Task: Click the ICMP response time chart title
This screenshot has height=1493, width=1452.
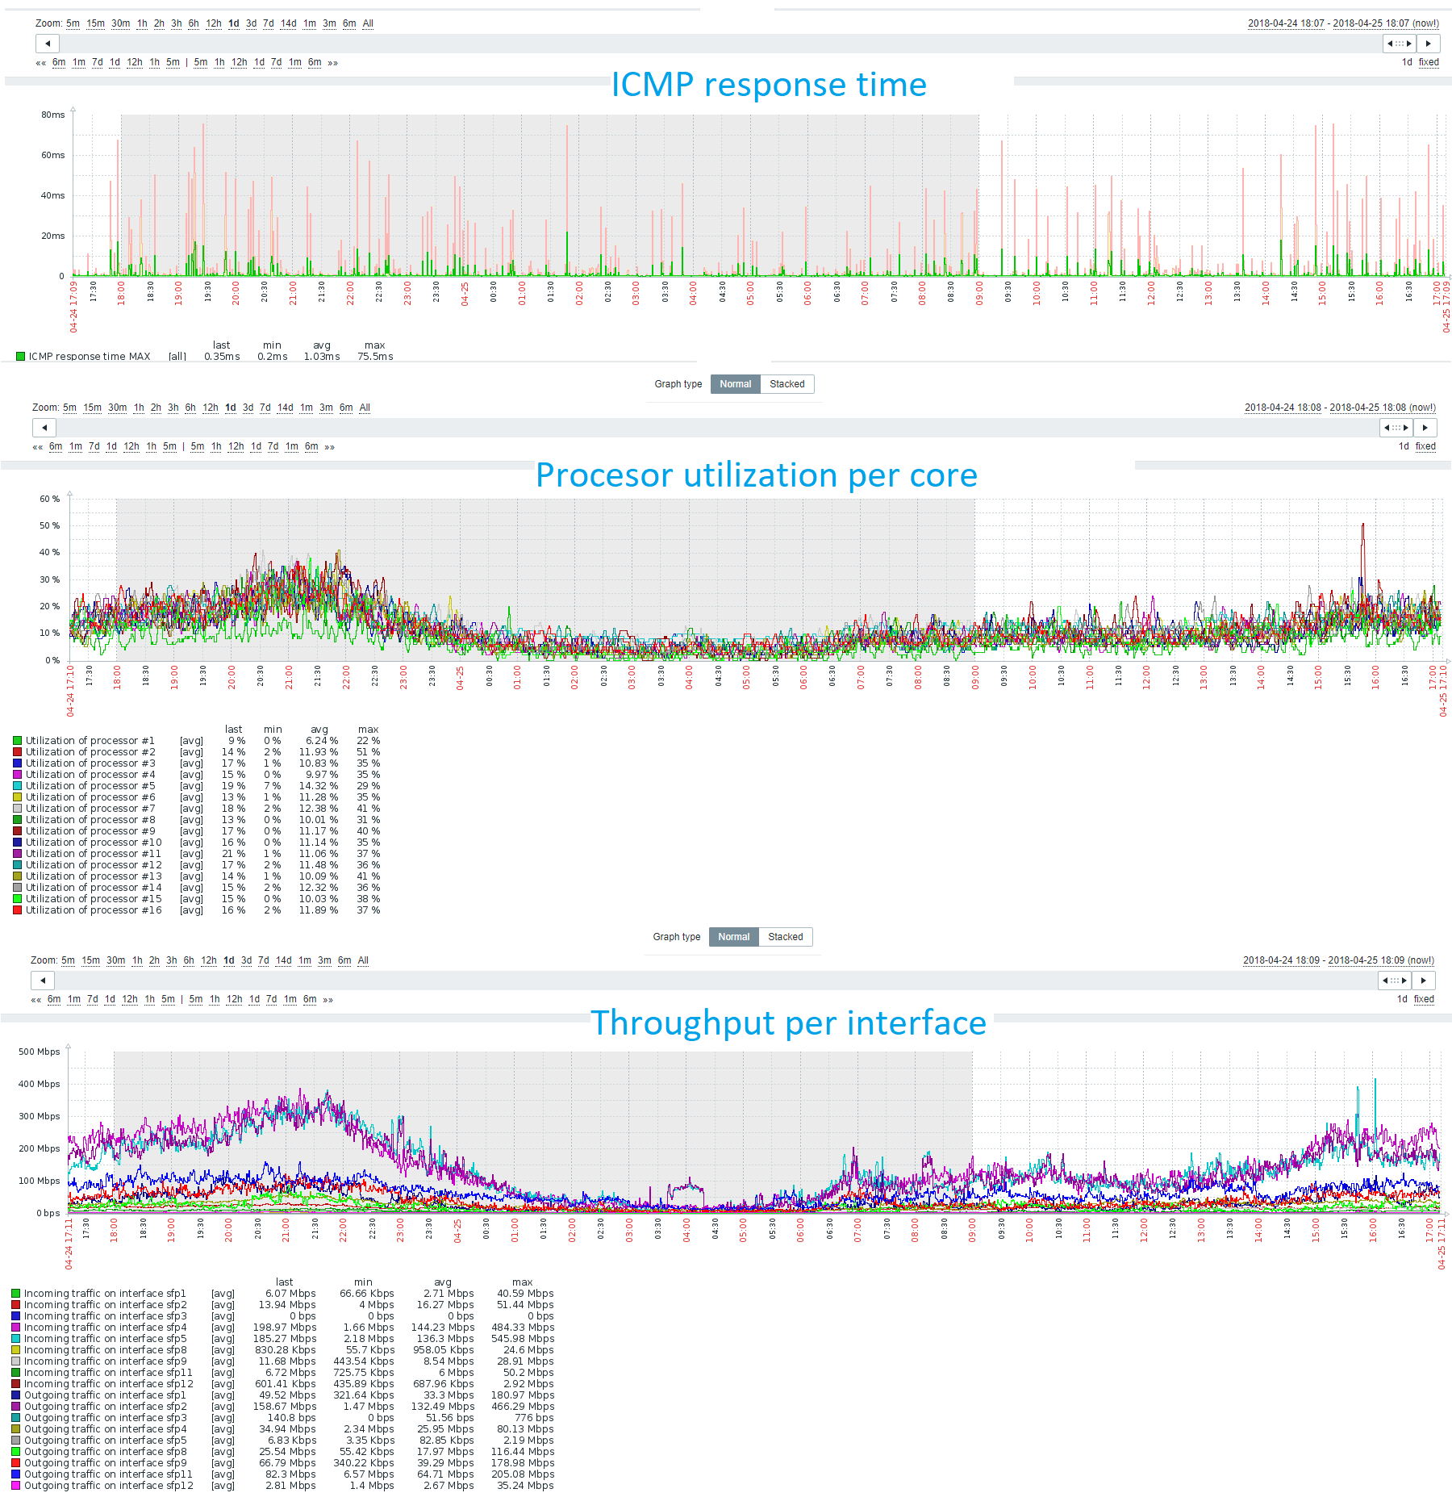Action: pyautogui.click(x=768, y=85)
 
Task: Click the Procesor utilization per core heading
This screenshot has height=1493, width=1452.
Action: pyautogui.click(x=756, y=475)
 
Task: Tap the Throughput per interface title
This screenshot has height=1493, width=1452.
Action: pyautogui.click(x=787, y=1023)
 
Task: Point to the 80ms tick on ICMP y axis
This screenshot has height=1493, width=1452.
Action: pyautogui.click(x=52, y=115)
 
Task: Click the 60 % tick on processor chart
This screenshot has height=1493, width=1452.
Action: pyautogui.click(x=49, y=499)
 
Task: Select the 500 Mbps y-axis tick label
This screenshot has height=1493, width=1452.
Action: pyautogui.click(x=39, y=1052)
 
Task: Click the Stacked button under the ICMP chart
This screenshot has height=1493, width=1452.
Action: pyautogui.click(x=786, y=384)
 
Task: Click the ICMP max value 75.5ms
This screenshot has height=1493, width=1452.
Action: pyautogui.click(x=375, y=357)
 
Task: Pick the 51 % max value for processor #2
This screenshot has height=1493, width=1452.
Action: pyautogui.click(x=368, y=752)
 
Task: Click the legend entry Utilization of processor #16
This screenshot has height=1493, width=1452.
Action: pyautogui.click(x=93, y=910)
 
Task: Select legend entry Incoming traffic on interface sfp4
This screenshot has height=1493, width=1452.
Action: pyautogui.click(x=105, y=1328)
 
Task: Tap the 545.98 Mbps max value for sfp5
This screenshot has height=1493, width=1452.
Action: pyautogui.click(x=522, y=1339)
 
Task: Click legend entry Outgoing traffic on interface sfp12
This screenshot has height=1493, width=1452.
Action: pyautogui.click(x=108, y=1486)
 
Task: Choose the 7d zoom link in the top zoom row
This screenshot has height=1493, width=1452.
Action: pyautogui.click(x=268, y=23)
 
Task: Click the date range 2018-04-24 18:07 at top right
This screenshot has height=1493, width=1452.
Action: pyautogui.click(x=1286, y=23)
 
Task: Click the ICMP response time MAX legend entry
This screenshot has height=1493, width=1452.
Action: pyautogui.click(x=89, y=357)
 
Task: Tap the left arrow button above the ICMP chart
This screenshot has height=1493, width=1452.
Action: pyautogui.click(x=48, y=44)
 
